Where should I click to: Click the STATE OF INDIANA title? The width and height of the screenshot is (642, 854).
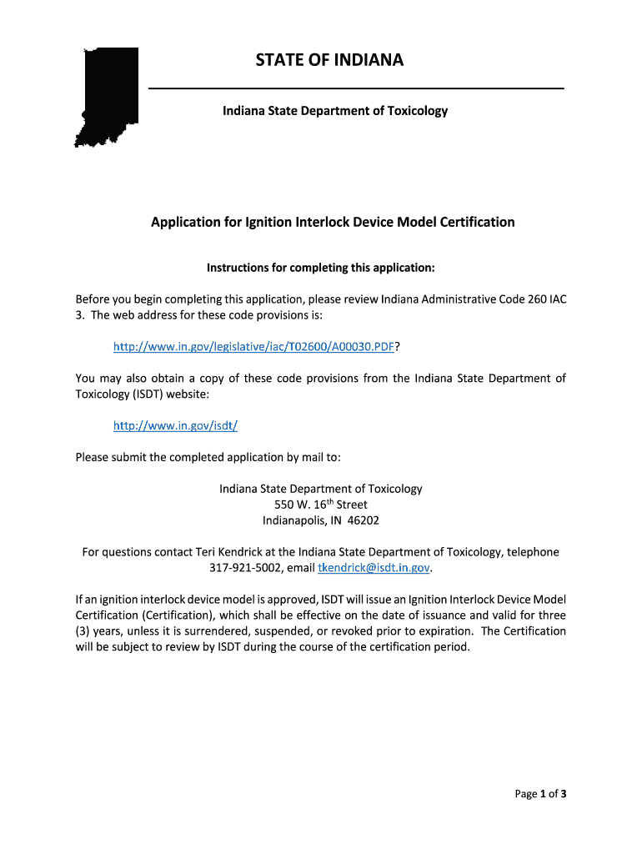point(329,60)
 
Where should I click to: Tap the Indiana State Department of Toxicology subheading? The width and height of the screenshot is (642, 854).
point(334,110)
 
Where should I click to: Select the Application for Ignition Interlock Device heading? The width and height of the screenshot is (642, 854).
point(333,222)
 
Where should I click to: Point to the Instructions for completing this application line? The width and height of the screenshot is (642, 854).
point(321,268)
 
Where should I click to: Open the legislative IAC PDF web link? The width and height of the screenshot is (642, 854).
point(253,346)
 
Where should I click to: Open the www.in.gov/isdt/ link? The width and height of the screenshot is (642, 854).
point(176,425)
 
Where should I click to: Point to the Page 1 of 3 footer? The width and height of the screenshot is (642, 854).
point(540,794)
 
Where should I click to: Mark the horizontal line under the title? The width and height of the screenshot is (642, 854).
point(356,88)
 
